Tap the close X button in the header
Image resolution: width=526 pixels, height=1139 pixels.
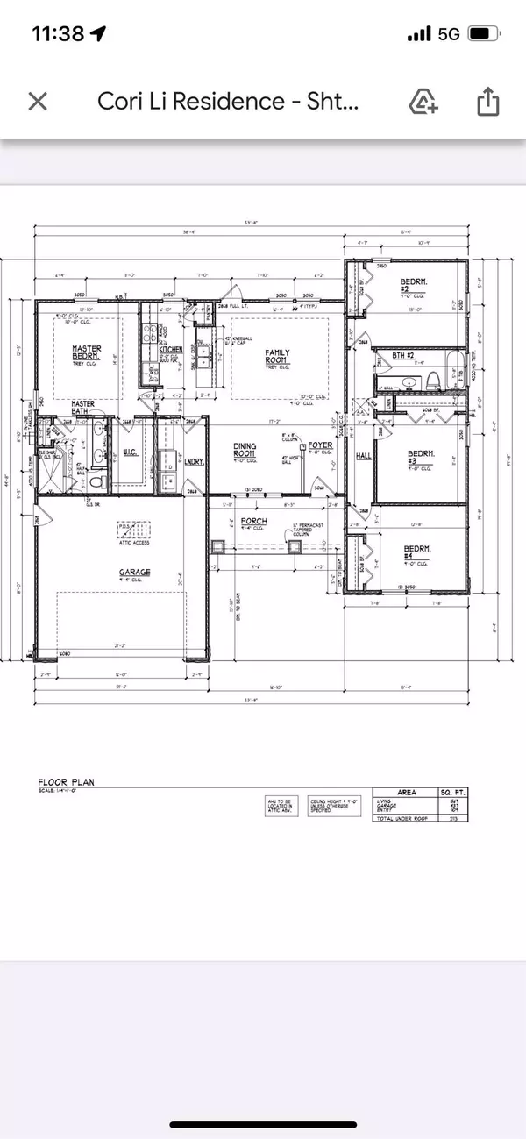point(38,102)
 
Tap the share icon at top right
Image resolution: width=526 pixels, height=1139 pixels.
point(486,103)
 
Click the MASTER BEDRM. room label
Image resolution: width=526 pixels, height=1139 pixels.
point(87,352)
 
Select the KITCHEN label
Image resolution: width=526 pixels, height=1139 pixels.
point(171,349)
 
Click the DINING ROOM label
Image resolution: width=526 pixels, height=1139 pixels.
point(245,450)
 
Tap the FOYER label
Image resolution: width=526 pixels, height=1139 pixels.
point(316,445)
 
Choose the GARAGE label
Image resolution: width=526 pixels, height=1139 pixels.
point(136,572)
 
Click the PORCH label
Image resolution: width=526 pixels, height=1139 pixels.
point(255,521)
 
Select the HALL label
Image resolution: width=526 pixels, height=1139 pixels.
point(365,456)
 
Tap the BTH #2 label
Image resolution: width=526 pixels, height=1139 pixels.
point(402,355)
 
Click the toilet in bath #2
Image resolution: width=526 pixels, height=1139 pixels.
point(432,380)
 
